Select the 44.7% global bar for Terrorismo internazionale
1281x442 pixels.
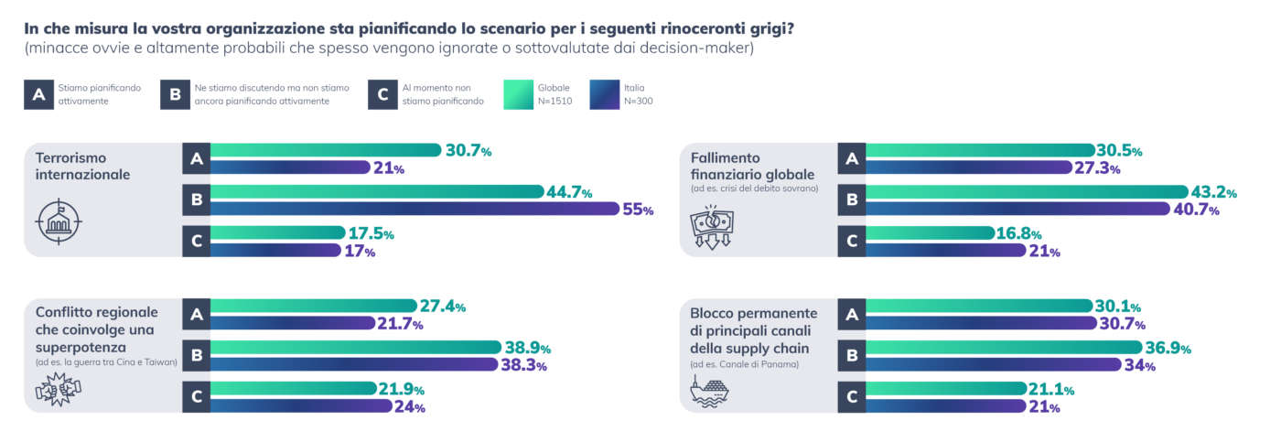(375, 192)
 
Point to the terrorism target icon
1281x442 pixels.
(59, 221)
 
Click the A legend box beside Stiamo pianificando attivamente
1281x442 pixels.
(38, 94)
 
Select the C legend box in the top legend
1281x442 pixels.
(382, 94)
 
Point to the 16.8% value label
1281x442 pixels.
(1017, 234)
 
